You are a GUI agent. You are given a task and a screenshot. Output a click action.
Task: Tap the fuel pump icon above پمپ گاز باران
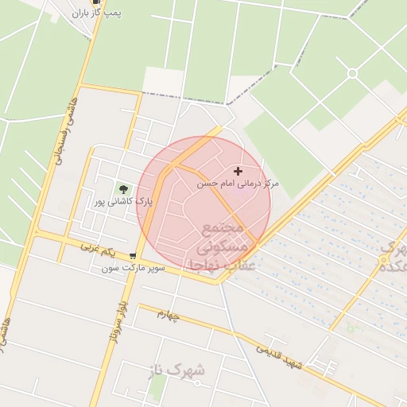(97, 2)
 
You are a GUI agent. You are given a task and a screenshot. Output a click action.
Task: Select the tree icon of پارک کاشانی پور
(122, 188)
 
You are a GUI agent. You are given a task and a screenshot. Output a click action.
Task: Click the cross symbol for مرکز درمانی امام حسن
(238, 171)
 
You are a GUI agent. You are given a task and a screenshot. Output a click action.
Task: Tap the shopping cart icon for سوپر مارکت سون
(132, 257)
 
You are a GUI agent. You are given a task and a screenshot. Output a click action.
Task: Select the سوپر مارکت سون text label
(134, 269)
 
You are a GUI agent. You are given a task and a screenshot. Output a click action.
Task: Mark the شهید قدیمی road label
(279, 356)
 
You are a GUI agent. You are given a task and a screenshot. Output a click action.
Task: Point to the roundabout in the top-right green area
(351, 73)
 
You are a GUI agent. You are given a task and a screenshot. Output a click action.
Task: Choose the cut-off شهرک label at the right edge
(393, 256)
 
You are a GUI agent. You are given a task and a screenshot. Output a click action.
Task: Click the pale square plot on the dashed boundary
(162, 80)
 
